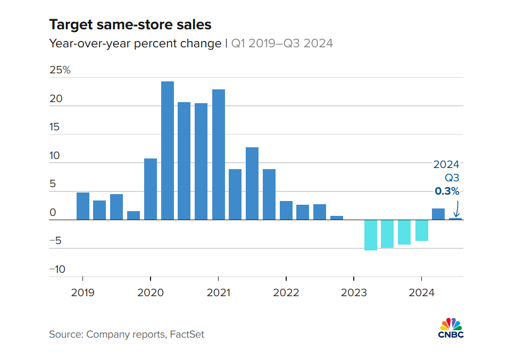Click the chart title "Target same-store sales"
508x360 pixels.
(x=130, y=25)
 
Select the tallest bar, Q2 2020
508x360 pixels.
(x=168, y=150)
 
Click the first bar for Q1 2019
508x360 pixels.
(x=83, y=206)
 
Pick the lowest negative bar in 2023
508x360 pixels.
(x=371, y=235)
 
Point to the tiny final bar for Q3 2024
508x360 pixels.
(x=455, y=219)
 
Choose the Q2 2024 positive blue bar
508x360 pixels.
(x=438, y=214)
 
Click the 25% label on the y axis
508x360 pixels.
(x=60, y=70)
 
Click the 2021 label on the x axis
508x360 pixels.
(x=218, y=292)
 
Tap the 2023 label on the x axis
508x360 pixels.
(x=354, y=292)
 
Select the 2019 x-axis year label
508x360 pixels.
(x=83, y=292)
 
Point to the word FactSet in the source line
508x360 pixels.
(x=187, y=334)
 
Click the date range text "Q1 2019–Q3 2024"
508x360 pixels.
(x=282, y=44)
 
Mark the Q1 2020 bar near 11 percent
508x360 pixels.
(x=151, y=189)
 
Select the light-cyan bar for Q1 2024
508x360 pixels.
(x=422, y=230)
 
